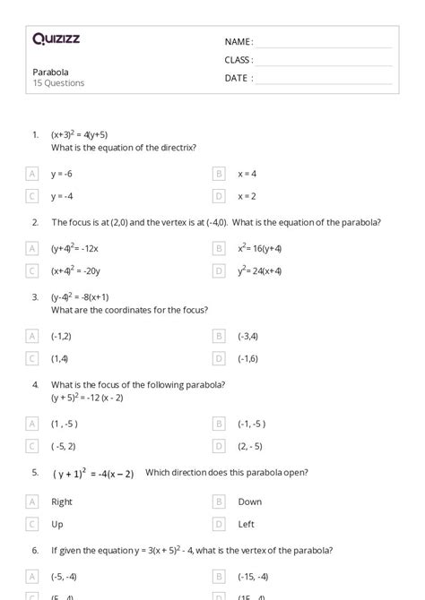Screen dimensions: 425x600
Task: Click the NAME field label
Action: (x=239, y=42)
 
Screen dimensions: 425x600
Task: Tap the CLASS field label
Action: (x=239, y=60)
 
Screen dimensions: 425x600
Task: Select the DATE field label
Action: (x=238, y=78)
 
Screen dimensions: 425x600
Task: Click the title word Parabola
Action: (x=50, y=72)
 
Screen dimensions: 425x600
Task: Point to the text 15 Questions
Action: (x=58, y=83)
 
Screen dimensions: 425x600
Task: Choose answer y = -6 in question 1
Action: (x=62, y=174)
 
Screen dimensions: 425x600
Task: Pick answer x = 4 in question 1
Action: (x=247, y=174)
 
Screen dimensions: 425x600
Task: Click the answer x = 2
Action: (x=247, y=196)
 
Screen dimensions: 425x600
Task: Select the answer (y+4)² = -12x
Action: (x=74, y=248)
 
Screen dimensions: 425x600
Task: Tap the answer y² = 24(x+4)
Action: (x=260, y=270)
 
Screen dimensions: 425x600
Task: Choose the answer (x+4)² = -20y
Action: (x=75, y=270)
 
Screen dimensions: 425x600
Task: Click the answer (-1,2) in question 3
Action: (x=60, y=336)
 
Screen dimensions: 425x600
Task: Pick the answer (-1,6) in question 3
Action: (x=247, y=358)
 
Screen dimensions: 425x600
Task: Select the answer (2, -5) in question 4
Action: (x=250, y=446)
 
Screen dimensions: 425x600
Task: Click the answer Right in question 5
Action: (x=62, y=502)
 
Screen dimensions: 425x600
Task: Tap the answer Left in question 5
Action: (x=247, y=525)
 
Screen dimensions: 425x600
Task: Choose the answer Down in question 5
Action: (x=250, y=502)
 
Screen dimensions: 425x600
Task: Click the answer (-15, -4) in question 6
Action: (x=253, y=577)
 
